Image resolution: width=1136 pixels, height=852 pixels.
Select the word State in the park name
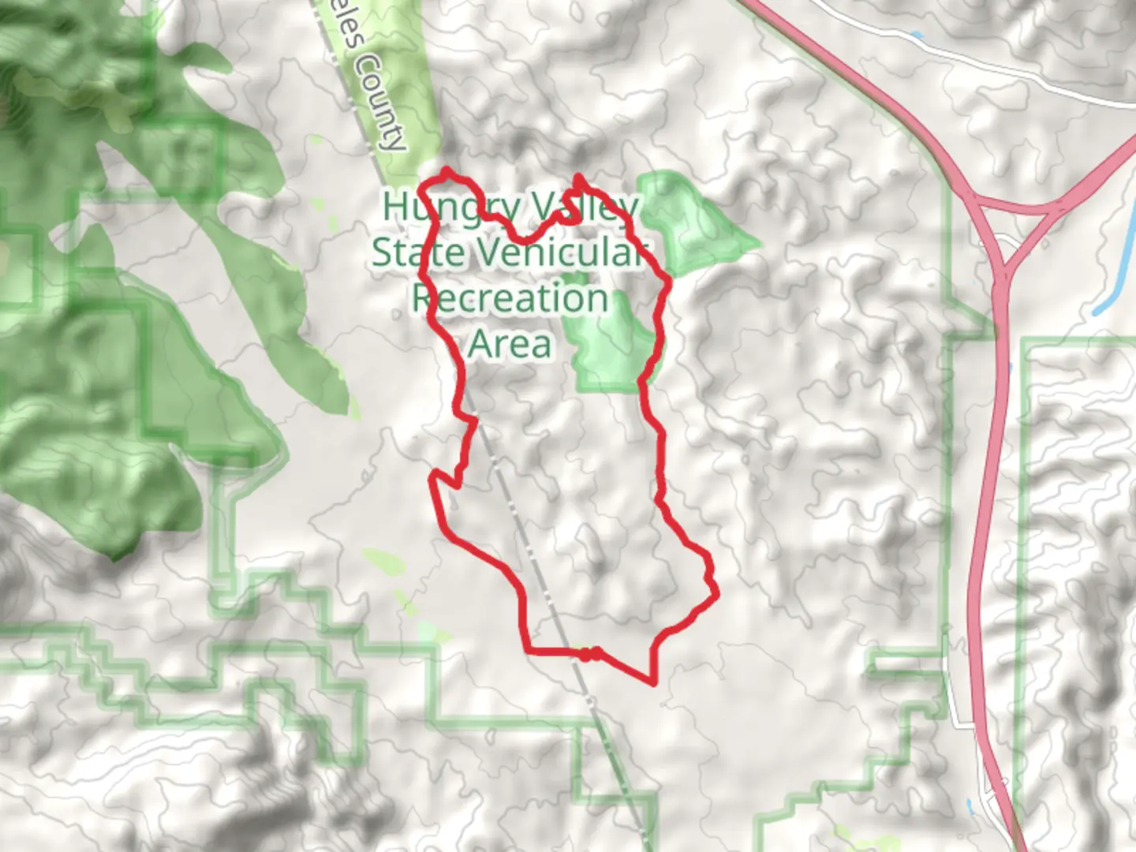point(418,252)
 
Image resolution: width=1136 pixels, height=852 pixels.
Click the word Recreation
point(510,298)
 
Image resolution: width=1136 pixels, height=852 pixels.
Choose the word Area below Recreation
point(510,344)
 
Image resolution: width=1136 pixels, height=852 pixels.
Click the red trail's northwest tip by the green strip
point(447,170)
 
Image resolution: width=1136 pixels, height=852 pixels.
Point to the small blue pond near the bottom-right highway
point(969,806)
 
